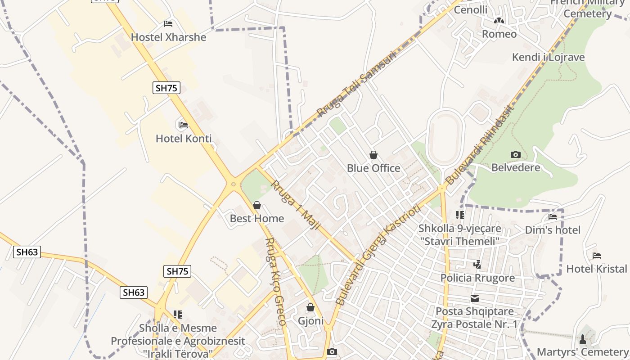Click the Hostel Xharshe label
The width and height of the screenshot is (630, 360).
pos(168,37)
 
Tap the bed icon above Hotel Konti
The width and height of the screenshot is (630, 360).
pos(183,125)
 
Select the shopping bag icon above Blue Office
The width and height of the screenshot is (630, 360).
pos(373,155)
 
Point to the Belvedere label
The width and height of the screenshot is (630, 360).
pos(515,168)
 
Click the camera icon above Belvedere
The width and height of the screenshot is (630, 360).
pos(515,155)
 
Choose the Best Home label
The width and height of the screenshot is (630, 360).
pos(256,219)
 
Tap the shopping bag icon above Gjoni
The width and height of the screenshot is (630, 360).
pos(310,308)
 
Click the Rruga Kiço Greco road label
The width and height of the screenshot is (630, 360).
pos(275,281)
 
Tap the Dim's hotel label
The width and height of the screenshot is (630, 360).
pos(553,230)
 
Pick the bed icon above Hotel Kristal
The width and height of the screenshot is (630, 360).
pos(597,256)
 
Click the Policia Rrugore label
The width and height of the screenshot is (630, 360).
pos(477,278)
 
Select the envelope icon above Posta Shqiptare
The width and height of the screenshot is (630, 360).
pos(475,298)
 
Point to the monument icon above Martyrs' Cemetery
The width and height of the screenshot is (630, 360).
pos(583,339)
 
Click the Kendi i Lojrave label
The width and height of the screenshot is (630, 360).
pos(548,57)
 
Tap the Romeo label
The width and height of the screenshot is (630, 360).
pos(499,34)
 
